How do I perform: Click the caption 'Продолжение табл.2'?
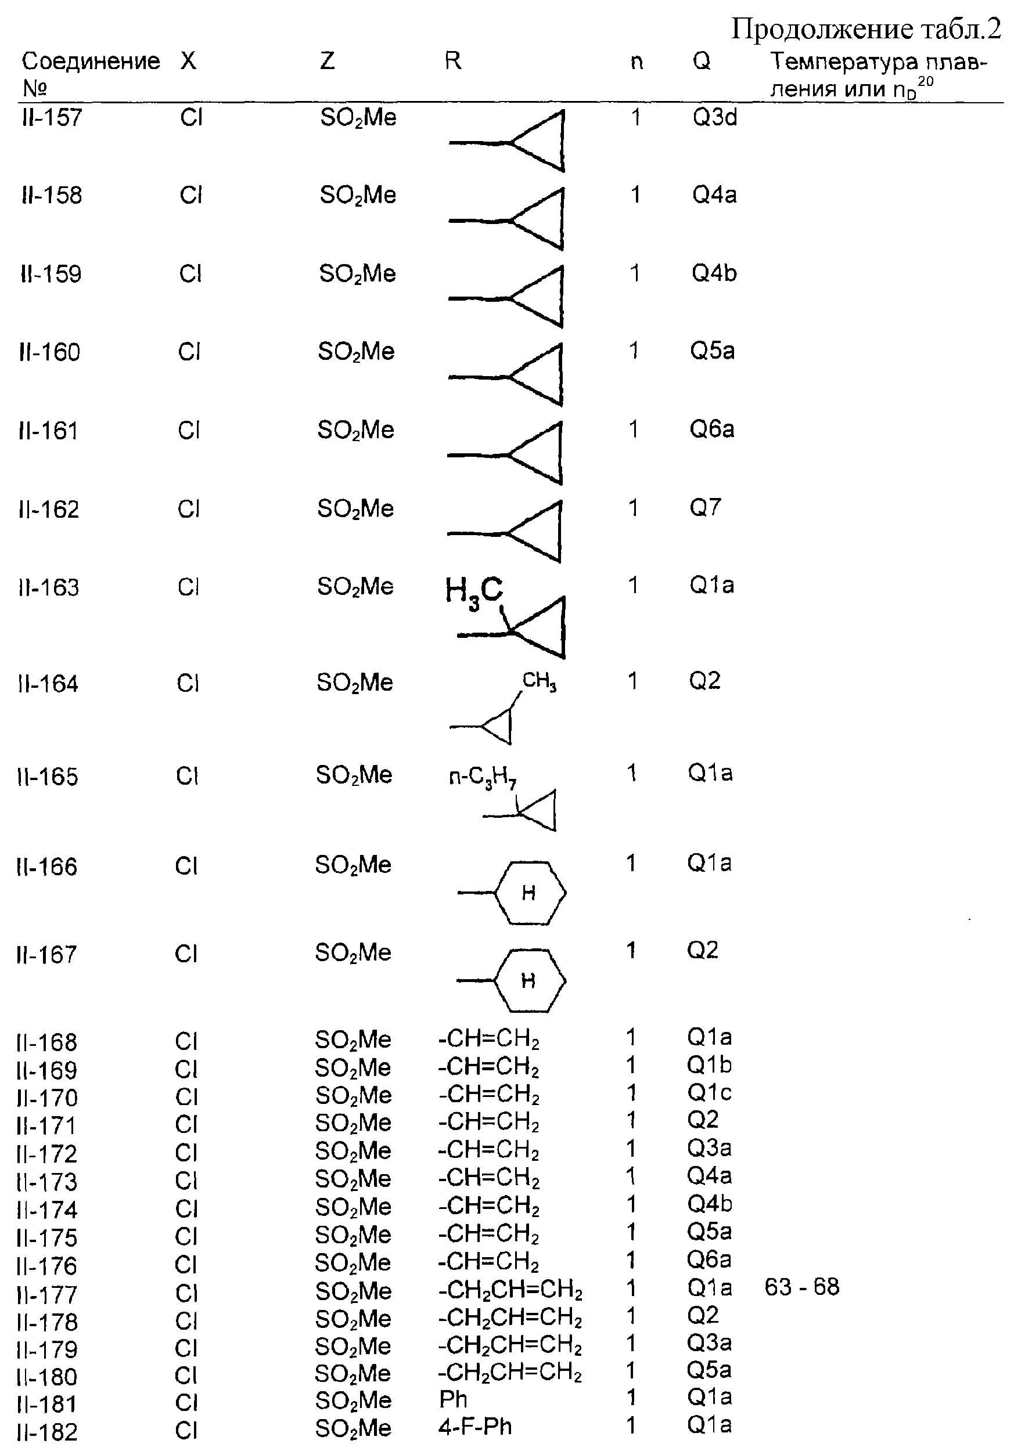(x=865, y=29)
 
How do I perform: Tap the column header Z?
(x=326, y=62)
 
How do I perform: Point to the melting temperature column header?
(x=878, y=74)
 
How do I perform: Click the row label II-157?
(x=51, y=118)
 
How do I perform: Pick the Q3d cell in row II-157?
(x=714, y=118)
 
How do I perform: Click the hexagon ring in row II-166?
(x=529, y=893)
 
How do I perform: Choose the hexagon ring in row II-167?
(x=528, y=981)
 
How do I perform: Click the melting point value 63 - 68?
(x=801, y=1287)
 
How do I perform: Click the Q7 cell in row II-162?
(x=704, y=508)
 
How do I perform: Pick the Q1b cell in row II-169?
(x=709, y=1066)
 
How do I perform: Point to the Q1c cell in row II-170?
(x=709, y=1093)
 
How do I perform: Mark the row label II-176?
(x=47, y=1261)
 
